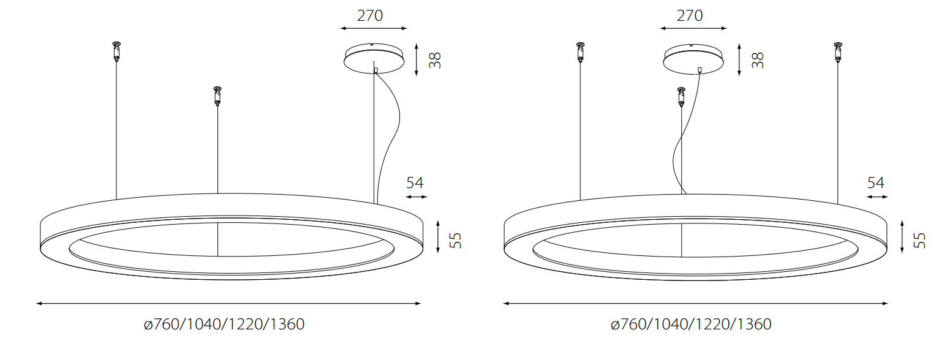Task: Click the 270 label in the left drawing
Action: pyautogui.click(x=370, y=16)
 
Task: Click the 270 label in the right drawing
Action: pyautogui.click(x=690, y=16)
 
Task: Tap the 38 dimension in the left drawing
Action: pyautogui.click(x=435, y=60)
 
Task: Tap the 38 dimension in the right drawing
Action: pyautogui.click(x=758, y=60)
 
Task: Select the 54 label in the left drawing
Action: pyautogui.click(x=415, y=183)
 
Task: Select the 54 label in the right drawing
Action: pyautogui.click(x=876, y=183)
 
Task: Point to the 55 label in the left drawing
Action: pyautogui.click(x=456, y=241)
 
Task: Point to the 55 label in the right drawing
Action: pyautogui.click(x=919, y=241)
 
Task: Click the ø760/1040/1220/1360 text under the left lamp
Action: pyautogui.click(x=224, y=324)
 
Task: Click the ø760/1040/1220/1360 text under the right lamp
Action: pyautogui.click(x=691, y=324)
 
